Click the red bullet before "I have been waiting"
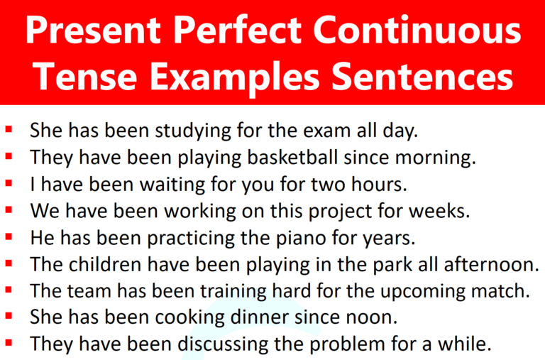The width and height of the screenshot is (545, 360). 9,183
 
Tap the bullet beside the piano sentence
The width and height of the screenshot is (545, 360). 9,236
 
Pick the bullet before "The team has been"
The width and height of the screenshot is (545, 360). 9,290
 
